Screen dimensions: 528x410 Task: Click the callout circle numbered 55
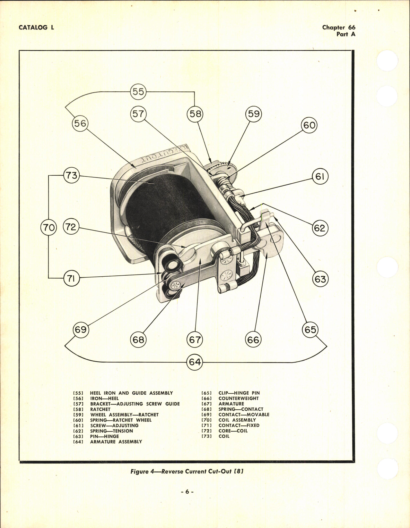[138, 92]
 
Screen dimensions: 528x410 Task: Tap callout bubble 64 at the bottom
[195, 362]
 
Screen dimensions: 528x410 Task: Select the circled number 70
[48, 228]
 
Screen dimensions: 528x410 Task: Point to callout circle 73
[71, 175]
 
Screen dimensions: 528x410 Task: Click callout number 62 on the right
[320, 228]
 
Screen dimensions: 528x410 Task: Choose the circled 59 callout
[254, 114]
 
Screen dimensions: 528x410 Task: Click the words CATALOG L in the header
[36, 27]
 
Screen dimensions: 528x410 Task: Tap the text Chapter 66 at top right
[338, 27]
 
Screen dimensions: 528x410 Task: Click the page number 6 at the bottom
[188, 491]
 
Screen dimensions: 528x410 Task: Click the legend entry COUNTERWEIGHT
[238, 398]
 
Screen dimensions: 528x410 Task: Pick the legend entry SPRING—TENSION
[111, 431]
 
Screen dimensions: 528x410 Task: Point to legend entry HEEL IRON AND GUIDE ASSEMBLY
[131, 393]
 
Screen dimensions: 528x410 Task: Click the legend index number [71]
[206, 425]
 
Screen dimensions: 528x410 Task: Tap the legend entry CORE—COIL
[233, 431]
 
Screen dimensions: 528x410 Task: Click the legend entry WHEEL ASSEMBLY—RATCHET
[124, 415]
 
